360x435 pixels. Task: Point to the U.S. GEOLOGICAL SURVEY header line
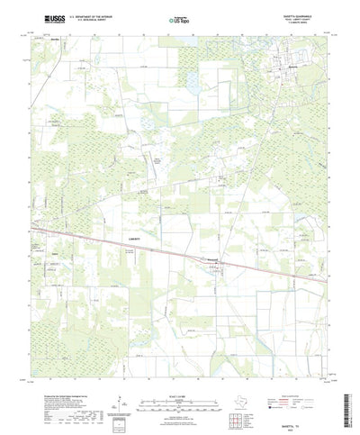point(89,20)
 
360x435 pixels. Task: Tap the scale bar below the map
point(179,379)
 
